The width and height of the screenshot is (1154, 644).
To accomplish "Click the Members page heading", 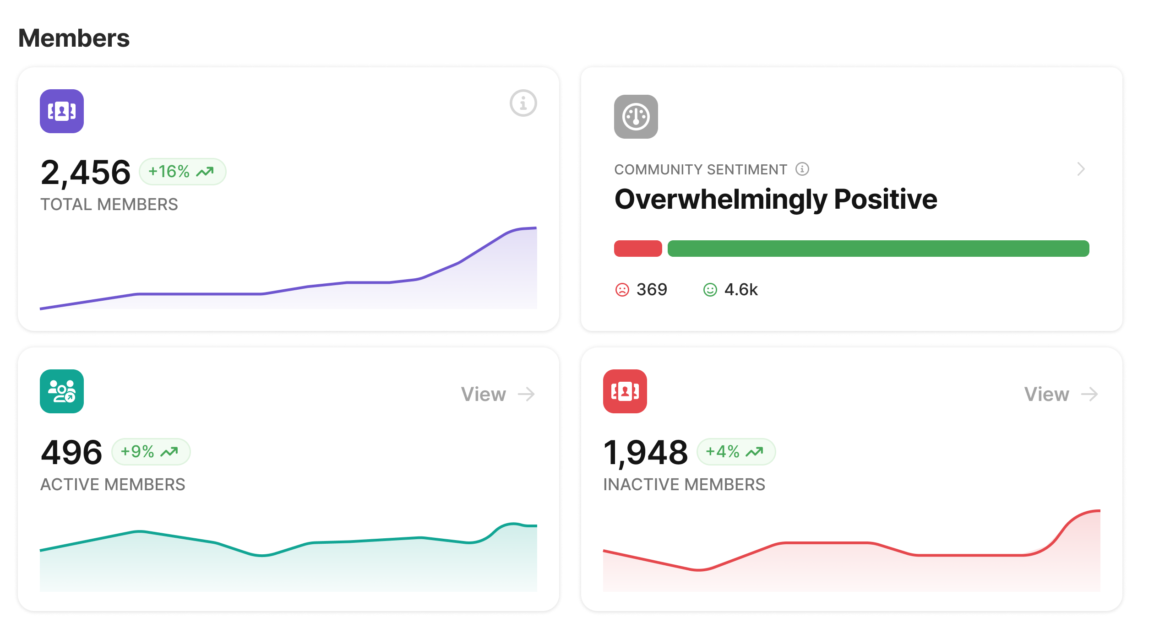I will click(x=74, y=38).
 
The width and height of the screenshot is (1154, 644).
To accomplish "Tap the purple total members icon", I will click(x=62, y=111).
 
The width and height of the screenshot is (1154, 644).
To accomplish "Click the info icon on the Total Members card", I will click(x=523, y=103).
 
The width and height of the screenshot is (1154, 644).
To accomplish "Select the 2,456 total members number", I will click(x=86, y=173).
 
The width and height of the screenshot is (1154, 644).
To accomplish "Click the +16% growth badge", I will click(x=182, y=172).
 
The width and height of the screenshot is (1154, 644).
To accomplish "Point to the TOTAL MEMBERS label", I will click(x=109, y=204).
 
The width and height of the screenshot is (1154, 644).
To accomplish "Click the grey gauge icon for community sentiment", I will click(x=636, y=117).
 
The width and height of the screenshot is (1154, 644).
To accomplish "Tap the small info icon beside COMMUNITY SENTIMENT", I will click(x=802, y=169).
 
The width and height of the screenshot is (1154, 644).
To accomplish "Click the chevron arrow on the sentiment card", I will click(x=1081, y=169).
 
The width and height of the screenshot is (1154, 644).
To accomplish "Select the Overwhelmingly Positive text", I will click(x=776, y=199).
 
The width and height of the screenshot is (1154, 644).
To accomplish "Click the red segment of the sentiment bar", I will click(x=637, y=249).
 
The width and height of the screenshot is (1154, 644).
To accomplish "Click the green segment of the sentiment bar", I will click(x=878, y=249).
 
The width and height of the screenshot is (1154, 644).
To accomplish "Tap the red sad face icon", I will click(x=622, y=290).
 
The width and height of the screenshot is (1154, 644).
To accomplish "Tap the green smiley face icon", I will click(x=710, y=290).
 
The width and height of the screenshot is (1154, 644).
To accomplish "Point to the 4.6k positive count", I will click(x=741, y=290).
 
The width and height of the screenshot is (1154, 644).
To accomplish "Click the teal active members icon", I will click(x=62, y=391).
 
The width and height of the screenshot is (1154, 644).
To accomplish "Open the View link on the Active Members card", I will click(x=498, y=394).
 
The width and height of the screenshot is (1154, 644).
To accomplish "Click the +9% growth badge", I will click(x=151, y=452).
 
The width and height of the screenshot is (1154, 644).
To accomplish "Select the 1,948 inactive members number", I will click(x=646, y=453).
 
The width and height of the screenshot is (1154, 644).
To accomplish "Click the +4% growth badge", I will click(x=735, y=452).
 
